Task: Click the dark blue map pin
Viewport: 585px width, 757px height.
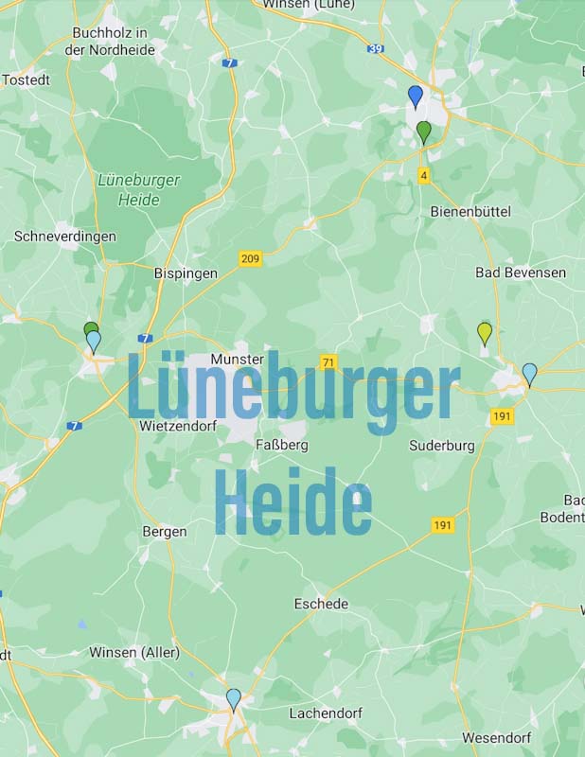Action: point(415,96)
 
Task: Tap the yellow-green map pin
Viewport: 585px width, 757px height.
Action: point(485,332)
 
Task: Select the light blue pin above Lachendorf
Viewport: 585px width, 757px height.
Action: point(234,699)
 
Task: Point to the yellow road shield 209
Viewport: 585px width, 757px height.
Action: point(250,258)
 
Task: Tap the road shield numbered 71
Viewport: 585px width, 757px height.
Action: point(328,362)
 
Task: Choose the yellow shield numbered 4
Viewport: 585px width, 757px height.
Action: point(424,175)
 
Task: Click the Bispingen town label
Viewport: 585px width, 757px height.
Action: point(186,273)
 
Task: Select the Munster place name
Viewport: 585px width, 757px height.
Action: point(238,360)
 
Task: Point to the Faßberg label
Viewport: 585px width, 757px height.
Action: point(282,444)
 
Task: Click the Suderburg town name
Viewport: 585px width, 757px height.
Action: point(441,445)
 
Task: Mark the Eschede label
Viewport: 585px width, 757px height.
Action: point(321,604)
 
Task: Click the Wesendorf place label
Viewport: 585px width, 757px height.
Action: point(496,738)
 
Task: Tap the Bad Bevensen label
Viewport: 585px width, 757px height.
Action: point(521,273)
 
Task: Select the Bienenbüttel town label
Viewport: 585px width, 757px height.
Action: point(470,211)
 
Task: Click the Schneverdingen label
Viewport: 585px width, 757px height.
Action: point(65,236)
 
